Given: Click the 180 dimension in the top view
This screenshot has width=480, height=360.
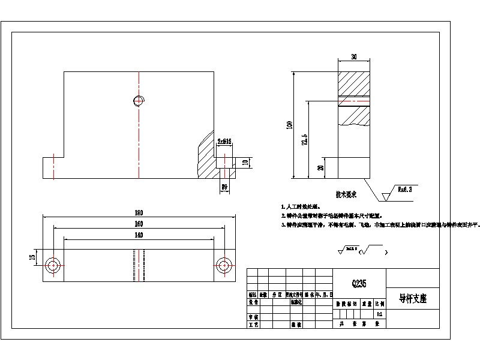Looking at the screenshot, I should tap(139, 212).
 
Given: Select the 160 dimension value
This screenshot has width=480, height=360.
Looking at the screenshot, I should tap(139, 224).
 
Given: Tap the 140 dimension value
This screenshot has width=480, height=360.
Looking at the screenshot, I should tap(139, 235).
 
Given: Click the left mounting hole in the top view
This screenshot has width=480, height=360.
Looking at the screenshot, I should tap(53, 265).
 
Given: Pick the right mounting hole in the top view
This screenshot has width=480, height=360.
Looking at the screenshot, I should tap(224, 265).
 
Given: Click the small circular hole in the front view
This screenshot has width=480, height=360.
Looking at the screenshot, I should tap(139, 101).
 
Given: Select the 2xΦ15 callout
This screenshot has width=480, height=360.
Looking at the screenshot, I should tap(224, 142).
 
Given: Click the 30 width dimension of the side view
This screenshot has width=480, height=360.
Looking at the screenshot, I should tap(354, 57).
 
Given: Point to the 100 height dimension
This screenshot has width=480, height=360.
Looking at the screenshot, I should tap(290, 125).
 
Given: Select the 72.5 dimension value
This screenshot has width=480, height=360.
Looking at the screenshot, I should tap(305, 139).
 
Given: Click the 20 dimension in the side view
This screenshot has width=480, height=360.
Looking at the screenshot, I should tap(321, 168).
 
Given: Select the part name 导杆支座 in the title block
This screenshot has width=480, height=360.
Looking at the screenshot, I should tap(412, 298).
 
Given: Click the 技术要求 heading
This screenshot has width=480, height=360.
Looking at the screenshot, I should tap(346, 194).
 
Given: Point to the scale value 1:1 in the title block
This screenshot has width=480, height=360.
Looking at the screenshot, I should tap(379, 313).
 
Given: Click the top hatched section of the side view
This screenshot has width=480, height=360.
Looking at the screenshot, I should tap(354, 82).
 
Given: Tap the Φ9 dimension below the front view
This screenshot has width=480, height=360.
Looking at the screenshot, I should tap(224, 187).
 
